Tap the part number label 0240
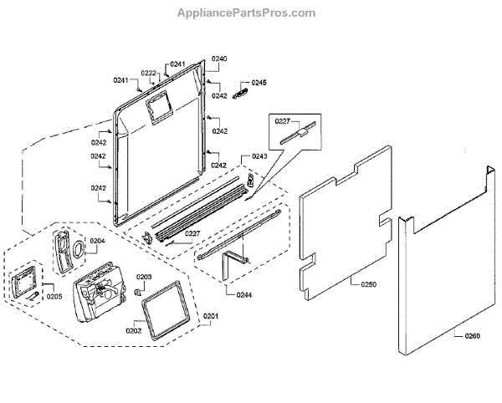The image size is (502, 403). click(x=219, y=59)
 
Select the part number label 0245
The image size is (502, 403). click(x=259, y=83)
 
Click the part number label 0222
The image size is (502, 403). click(x=149, y=74)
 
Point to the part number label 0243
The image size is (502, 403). click(x=259, y=157)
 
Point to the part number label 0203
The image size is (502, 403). click(x=144, y=277)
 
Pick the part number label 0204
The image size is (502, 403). click(x=97, y=241)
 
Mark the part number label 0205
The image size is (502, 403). click(x=54, y=296)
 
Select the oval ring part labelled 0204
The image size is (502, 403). click(x=78, y=248)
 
